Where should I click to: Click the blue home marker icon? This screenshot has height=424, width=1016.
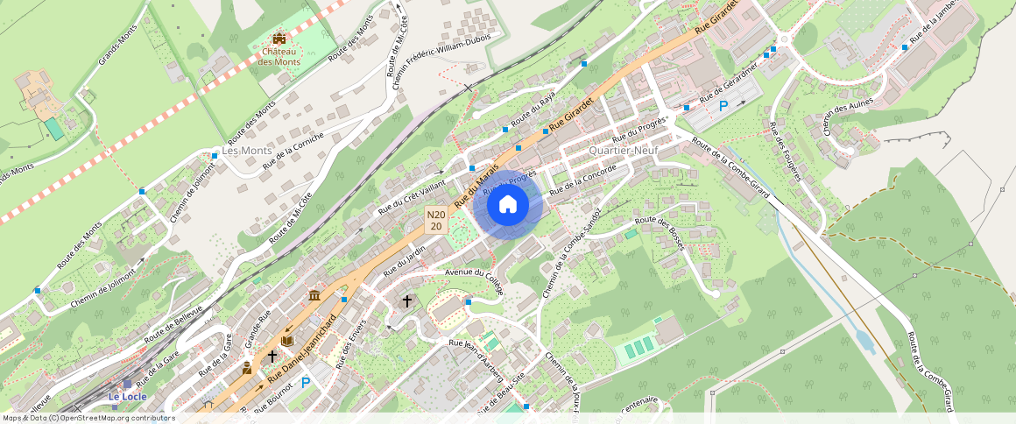tap(507, 205)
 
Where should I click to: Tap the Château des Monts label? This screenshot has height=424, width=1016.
tap(279, 57)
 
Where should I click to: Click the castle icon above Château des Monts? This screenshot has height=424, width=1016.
tap(279, 39)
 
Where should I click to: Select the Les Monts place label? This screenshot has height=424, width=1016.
tap(246, 151)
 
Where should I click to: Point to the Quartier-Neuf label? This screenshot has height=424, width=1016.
tap(624, 151)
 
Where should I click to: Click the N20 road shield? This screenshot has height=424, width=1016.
tap(436, 220)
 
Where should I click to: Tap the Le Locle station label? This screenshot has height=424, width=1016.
tap(127, 397)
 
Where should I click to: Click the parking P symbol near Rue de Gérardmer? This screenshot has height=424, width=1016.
tap(723, 106)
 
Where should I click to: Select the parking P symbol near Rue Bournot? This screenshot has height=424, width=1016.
tap(306, 383)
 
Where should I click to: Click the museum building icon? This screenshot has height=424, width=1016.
tap(314, 296)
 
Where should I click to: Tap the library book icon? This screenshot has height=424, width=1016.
tap(287, 341)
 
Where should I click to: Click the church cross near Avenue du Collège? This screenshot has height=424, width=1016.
tap(406, 301)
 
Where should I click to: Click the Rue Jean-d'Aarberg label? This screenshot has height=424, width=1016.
tap(475, 360)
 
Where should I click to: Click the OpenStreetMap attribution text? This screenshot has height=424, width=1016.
tap(88, 418)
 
